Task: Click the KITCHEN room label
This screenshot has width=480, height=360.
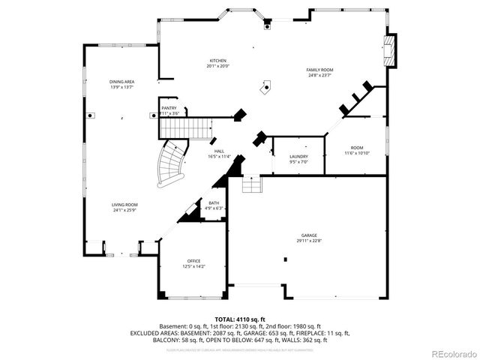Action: (x=218, y=61)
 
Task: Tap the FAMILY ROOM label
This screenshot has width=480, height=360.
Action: (x=319, y=70)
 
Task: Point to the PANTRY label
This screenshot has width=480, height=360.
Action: (x=169, y=108)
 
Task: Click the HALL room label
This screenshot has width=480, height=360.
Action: (x=220, y=151)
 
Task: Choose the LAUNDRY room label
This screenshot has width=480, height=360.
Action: (x=298, y=157)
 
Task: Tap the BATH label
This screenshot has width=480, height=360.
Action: (x=214, y=203)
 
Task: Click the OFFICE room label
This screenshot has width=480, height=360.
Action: (x=193, y=261)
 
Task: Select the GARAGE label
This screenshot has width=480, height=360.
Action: (x=308, y=235)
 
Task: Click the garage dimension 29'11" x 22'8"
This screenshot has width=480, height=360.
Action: (x=308, y=241)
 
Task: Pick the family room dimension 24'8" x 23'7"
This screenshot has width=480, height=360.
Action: (x=319, y=75)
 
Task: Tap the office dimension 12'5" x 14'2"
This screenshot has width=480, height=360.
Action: (x=193, y=266)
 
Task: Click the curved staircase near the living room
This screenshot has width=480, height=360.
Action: (x=171, y=166)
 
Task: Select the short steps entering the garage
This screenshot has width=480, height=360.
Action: (x=251, y=184)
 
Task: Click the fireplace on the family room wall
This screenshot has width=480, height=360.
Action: (x=388, y=51)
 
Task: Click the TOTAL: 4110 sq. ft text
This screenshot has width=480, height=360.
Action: (x=240, y=319)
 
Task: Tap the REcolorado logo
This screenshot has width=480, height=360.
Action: (x=451, y=353)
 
